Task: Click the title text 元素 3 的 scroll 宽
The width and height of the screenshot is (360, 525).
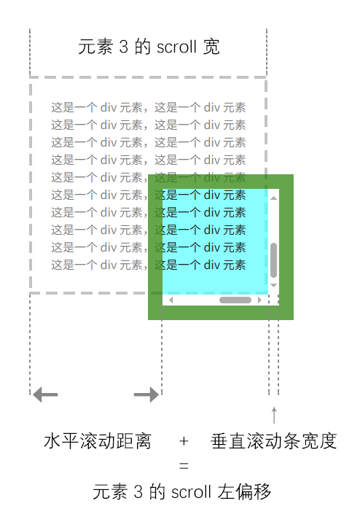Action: (149, 47)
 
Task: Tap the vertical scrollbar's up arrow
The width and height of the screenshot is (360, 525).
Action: (274, 198)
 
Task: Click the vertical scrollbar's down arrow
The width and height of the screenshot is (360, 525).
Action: (274, 285)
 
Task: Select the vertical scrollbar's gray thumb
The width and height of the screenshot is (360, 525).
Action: (274, 260)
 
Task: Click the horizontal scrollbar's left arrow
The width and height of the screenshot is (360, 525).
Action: (171, 300)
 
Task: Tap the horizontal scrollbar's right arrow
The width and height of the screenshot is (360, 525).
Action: (259, 300)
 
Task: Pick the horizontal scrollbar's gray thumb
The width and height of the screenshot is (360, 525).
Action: (235, 300)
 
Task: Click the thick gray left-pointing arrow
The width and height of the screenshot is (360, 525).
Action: (45, 394)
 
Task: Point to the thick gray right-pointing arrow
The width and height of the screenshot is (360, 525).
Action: (146, 394)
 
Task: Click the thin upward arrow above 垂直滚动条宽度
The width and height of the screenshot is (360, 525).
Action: (274, 415)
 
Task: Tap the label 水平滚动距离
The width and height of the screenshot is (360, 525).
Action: (98, 441)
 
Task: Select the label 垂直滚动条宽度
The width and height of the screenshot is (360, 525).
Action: (274, 441)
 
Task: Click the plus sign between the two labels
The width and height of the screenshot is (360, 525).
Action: (184, 441)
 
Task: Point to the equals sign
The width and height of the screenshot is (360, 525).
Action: (184, 465)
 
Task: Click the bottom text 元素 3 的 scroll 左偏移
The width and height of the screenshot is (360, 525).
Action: (181, 492)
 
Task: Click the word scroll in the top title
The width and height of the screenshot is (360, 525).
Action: (176, 47)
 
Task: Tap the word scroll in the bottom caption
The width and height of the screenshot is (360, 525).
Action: (191, 492)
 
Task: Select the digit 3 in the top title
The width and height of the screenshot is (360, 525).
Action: (124, 47)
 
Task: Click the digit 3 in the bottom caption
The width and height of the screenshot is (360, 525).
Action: (138, 492)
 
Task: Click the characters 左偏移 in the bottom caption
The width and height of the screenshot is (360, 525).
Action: (244, 492)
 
